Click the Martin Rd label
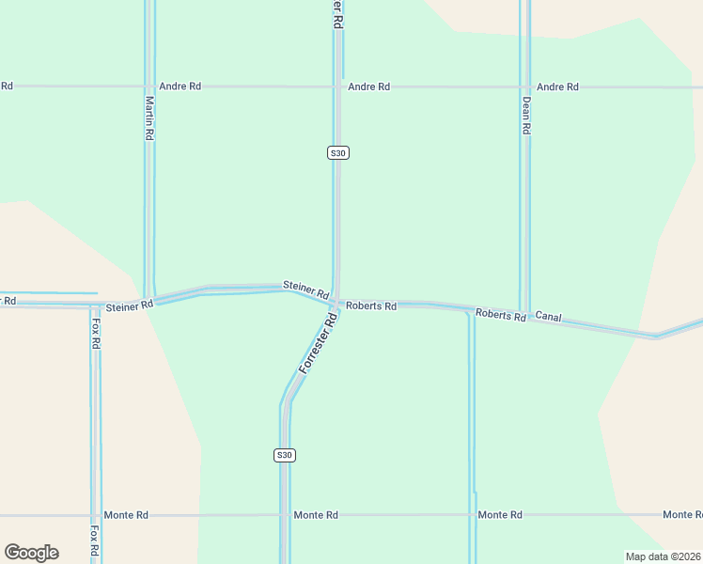[148, 117]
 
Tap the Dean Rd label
[526, 116]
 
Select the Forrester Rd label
[318, 344]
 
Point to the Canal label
[548, 318]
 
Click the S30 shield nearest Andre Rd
[338, 152]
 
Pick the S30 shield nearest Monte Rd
[285, 455]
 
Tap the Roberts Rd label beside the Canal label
[500, 315]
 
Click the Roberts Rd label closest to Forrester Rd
[371, 306]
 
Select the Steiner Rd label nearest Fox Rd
[130, 306]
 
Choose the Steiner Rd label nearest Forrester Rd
[306, 290]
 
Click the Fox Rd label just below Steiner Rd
[96, 333]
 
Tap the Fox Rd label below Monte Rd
[94, 539]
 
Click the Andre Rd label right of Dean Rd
[557, 86]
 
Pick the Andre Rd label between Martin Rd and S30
[180, 86]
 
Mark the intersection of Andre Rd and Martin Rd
[148, 86]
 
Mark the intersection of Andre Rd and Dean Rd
[525, 86]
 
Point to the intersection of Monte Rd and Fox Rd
[95, 515]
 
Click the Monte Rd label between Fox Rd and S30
[126, 515]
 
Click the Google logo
[31, 553]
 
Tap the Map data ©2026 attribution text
[663, 556]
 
